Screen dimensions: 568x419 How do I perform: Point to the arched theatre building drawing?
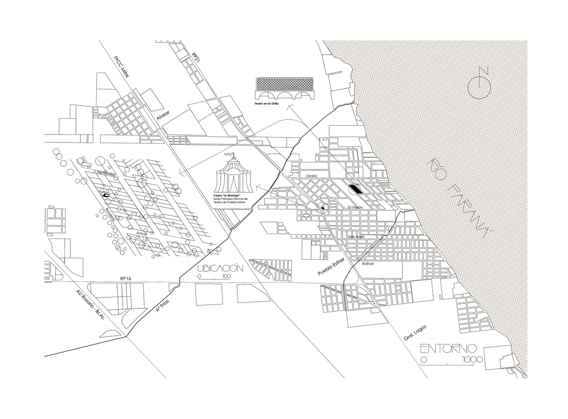coord(285,88)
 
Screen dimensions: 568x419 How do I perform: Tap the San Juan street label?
coord(356,237)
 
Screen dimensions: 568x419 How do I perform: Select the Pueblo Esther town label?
coord(330,267)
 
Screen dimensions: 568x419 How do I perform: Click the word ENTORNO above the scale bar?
coord(448,348)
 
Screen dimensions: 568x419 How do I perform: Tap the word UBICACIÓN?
coord(220,269)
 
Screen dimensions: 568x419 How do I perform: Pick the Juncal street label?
coord(141,233)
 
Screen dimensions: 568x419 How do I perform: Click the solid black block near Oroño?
coord(356,189)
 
